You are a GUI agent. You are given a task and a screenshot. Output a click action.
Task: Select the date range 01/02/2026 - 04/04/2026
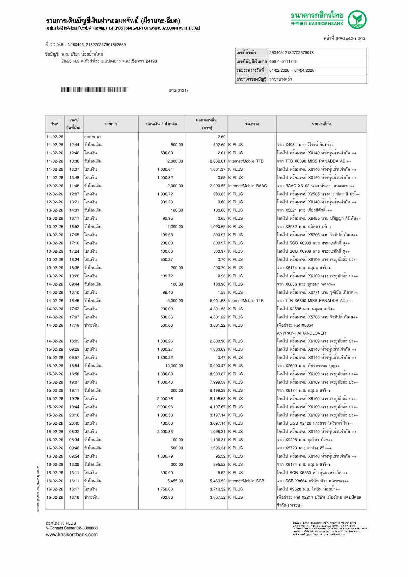click(291, 70)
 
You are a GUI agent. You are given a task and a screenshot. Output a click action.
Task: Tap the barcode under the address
click(94, 90)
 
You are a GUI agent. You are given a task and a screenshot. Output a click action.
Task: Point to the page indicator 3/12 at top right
click(361, 38)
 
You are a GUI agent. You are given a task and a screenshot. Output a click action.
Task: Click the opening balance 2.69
click(221, 137)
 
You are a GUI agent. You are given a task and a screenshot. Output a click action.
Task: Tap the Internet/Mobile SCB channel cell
click(246, 481)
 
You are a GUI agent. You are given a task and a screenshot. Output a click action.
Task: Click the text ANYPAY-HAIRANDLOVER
click(301, 333)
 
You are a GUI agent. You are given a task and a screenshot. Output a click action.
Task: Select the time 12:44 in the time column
click(74, 145)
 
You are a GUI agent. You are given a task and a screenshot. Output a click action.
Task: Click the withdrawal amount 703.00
click(166, 497)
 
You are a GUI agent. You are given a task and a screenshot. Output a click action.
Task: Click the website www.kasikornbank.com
click(72, 535)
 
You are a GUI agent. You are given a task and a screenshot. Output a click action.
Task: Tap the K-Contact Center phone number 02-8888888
click(87, 528)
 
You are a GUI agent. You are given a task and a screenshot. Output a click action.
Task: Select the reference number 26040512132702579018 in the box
click(291, 53)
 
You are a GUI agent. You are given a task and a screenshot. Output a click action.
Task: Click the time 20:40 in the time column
click(74, 423)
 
